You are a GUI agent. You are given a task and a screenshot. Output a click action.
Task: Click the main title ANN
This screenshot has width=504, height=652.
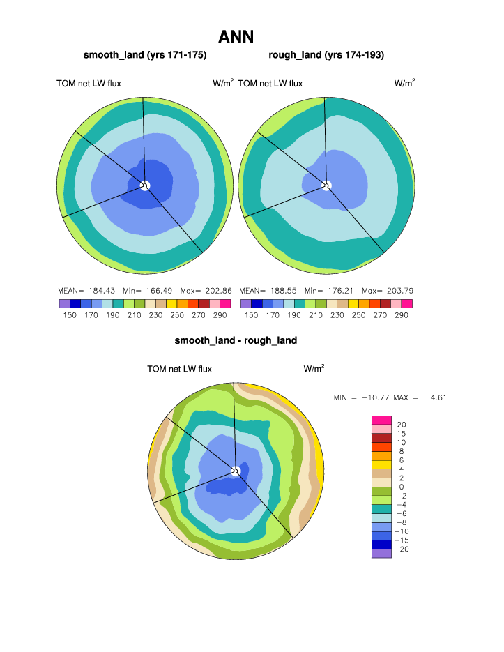[236, 36]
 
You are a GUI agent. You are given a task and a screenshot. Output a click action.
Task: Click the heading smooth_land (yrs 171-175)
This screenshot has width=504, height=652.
[145, 54]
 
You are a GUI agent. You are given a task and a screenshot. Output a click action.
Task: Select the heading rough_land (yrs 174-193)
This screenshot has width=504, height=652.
[326, 54]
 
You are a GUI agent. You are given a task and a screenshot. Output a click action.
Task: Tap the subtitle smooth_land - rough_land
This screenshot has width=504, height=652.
[236, 340]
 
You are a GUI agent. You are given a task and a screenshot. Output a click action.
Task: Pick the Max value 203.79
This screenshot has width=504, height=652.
[398, 290]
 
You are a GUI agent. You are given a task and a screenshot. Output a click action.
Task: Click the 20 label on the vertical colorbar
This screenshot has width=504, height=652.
[401, 425]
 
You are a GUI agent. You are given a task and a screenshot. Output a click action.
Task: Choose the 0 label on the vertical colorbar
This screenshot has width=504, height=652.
[400, 487]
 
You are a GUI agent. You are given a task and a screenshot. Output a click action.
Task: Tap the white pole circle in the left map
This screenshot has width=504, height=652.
[145, 185]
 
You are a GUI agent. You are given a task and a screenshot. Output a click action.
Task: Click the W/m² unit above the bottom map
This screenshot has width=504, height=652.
[314, 368]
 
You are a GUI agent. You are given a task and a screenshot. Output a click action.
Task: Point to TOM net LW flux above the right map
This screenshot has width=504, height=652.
[270, 84]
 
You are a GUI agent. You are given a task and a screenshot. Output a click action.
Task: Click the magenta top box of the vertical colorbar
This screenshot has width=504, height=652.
[381, 420]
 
